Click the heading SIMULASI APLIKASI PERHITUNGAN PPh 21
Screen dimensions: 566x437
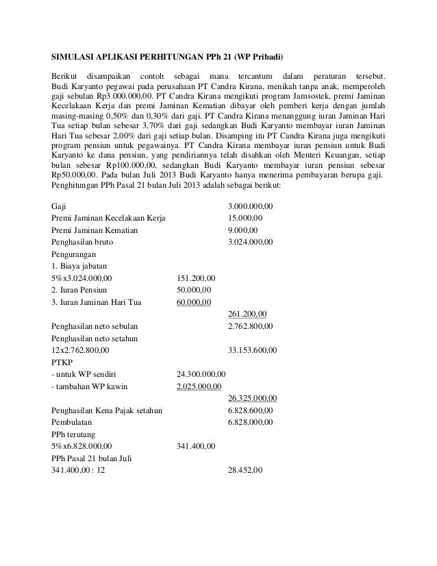[x=168, y=55]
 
